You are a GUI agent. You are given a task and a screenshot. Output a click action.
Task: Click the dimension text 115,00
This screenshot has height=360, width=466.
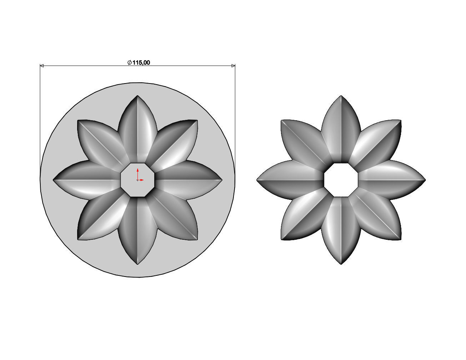(x=141, y=62)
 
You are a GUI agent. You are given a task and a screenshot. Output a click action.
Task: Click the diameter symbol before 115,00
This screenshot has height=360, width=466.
(x=130, y=62)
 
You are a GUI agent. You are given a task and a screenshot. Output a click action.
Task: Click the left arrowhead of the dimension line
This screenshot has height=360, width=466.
(x=41, y=66)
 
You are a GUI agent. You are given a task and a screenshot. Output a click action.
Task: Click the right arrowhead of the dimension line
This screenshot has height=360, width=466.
(x=233, y=66)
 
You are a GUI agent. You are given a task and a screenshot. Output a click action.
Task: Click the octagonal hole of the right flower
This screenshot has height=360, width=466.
(x=341, y=180)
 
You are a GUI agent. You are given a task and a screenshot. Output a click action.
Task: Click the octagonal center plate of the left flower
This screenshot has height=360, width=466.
(x=138, y=180)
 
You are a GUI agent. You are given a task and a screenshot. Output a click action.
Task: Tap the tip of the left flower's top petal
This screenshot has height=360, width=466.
(x=137, y=96)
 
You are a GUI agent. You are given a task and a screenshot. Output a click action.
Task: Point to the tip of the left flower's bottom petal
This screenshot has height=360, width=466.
(x=138, y=264)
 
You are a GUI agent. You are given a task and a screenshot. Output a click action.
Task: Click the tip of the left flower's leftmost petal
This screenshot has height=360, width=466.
(x=54, y=180)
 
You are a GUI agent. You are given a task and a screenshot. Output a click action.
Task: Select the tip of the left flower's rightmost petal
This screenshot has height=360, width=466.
(x=221, y=180)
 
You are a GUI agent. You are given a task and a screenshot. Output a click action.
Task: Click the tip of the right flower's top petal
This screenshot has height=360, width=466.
(x=341, y=96)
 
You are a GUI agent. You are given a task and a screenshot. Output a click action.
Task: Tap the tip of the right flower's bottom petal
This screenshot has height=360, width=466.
(x=341, y=264)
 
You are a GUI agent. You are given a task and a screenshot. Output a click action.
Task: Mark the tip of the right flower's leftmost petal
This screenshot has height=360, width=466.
(x=257, y=180)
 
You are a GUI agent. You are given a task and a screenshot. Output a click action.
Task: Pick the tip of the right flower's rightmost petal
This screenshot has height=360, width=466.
(x=425, y=180)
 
